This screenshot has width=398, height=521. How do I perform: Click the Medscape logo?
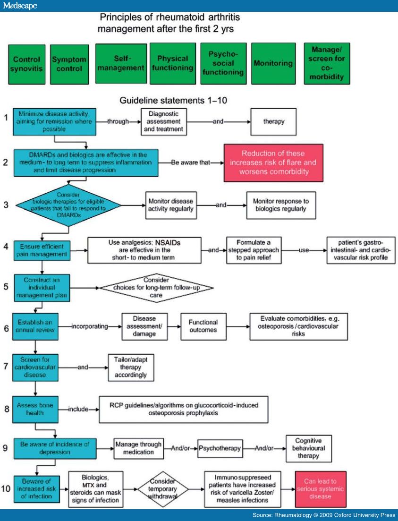tap(19, 5)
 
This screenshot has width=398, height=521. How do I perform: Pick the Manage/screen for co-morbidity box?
tap(323, 63)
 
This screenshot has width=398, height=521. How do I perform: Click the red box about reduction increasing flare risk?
tap(273, 162)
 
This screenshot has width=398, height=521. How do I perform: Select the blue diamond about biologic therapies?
tap(69, 205)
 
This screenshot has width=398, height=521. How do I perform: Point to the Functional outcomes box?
tap(203, 326)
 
